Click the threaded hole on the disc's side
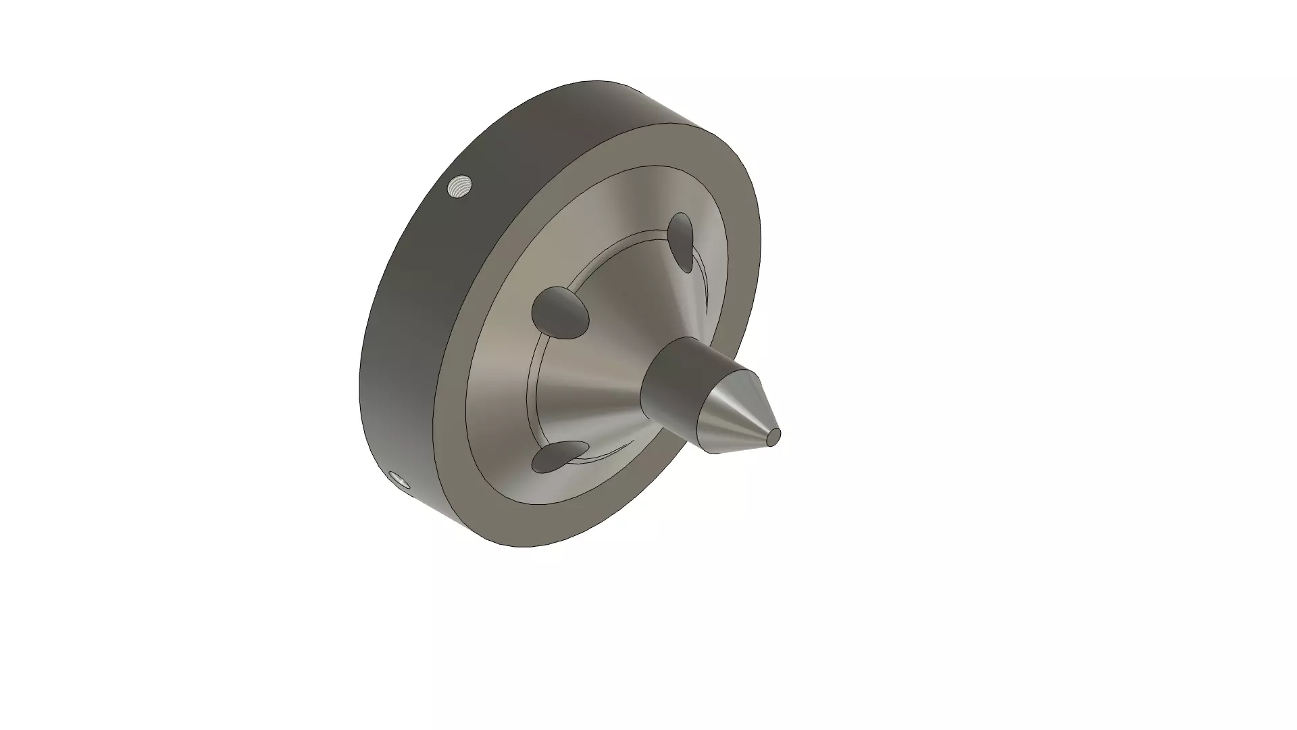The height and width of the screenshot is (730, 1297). point(460,185)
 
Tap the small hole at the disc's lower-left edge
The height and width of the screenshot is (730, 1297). point(400,479)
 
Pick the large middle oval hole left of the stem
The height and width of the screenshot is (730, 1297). point(559,312)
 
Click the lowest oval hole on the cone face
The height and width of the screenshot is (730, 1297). point(558,457)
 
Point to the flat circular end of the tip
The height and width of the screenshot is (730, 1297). point(774,437)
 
